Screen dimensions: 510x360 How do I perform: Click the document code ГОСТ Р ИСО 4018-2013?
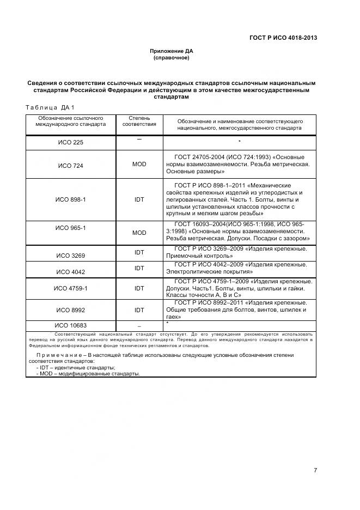tap(283, 38)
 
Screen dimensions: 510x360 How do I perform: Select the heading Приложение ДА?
tap(172, 51)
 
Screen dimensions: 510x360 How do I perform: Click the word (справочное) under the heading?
tap(172, 57)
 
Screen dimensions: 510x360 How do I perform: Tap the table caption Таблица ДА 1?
tap(50, 107)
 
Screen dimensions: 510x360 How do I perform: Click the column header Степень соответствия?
tap(139, 120)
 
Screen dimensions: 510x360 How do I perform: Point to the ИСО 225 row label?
tap(71, 143)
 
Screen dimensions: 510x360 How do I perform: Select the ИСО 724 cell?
tap(71, 165)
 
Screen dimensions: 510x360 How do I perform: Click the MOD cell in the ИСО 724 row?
tap(139, 164)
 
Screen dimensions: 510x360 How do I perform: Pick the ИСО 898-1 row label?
tap(71, 199)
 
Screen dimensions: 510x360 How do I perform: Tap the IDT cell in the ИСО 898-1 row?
tap(139, 199)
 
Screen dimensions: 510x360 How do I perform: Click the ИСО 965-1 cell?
tap(71, 227)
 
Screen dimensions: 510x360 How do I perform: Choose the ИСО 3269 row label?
tap(71, 255)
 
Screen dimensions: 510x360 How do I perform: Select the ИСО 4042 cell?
tap(71, 271)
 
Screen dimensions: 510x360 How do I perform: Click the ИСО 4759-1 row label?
tap(71, 288)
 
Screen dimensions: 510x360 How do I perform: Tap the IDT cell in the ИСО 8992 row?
tap(139, 309)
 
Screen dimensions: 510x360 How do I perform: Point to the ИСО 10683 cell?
tap(71, 325)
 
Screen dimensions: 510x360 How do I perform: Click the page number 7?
tap(315, 470)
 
